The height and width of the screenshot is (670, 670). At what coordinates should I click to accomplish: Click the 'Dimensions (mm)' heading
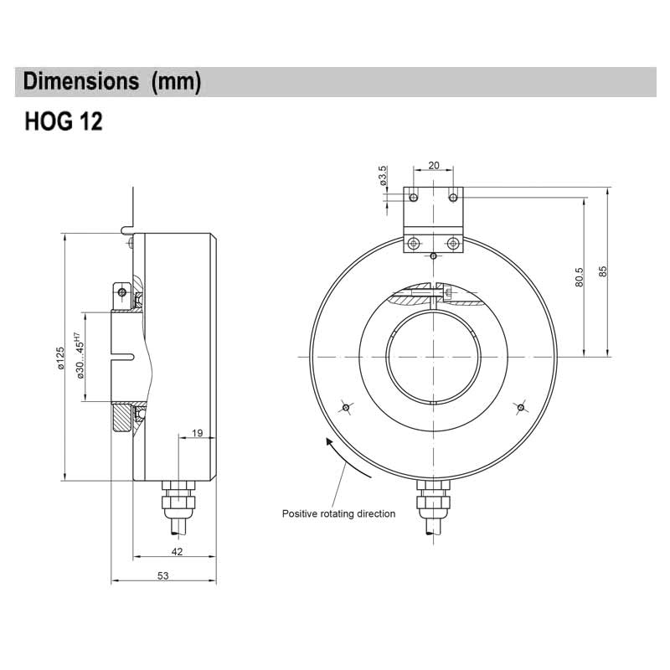coord(112,82)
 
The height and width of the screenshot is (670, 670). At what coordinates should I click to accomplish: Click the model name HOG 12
coord(64,122)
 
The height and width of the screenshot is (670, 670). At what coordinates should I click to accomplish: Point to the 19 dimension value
coord(197,432)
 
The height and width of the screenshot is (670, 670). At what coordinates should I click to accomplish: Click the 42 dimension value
coord(176,551)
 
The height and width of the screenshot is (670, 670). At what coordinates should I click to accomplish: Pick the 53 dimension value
coord(162,575)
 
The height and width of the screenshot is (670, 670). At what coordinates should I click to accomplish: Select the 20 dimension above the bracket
coord(433,166)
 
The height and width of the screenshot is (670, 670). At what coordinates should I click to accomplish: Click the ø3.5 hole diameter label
coord(383,177)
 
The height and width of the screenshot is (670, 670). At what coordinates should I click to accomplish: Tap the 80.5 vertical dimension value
coord(579,278)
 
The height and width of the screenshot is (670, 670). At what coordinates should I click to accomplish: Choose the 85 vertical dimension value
coord(603,272)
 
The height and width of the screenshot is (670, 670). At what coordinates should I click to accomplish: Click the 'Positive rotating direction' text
coord(338,513)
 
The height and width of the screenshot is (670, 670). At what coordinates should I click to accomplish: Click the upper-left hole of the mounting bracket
coord(413,197)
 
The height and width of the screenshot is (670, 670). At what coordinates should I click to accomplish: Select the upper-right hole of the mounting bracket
coord(453,197)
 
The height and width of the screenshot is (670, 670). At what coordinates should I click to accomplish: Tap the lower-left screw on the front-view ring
coord(345,408)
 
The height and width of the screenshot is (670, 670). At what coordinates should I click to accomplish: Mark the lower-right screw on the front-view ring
coord(520,408)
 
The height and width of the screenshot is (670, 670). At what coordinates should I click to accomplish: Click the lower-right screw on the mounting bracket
coord(453,244)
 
